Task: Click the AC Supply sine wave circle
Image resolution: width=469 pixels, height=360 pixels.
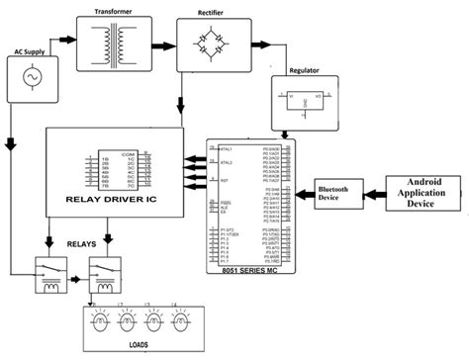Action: pos(29,79)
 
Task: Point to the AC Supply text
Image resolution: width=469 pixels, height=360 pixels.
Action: pos(29,50)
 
